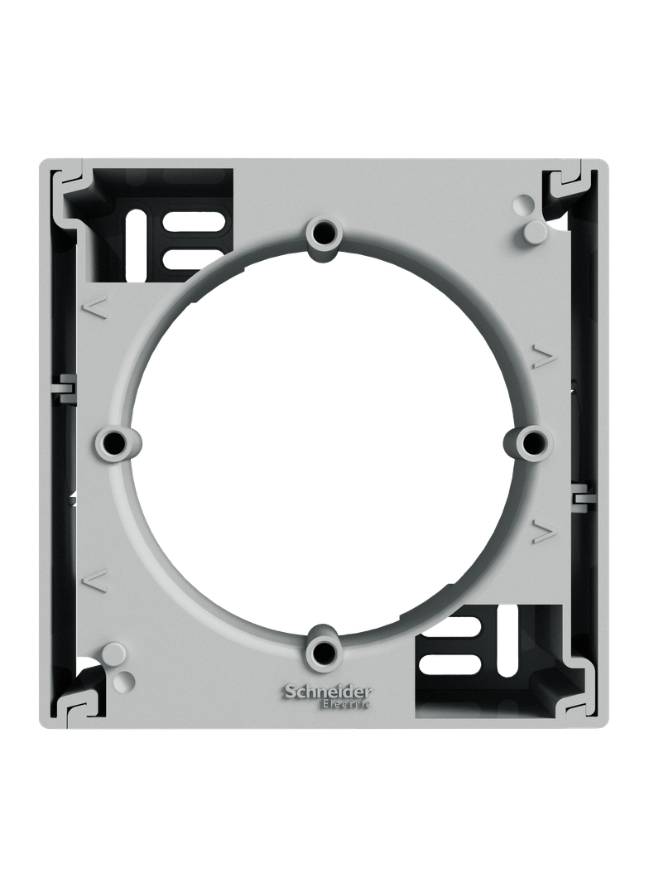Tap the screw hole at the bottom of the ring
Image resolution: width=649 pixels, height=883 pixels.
point(324,651)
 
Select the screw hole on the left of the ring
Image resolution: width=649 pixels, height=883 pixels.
point(116,441)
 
